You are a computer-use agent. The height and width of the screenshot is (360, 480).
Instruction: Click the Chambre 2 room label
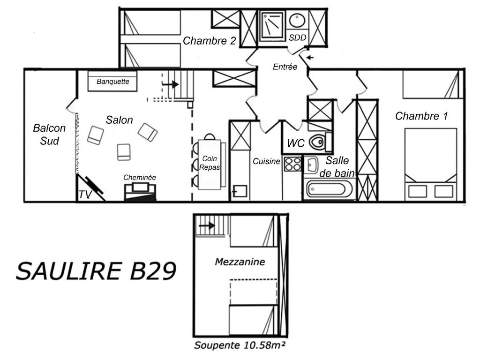tap(210, 41)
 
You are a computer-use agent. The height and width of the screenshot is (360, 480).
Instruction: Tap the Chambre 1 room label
tap(421, 116)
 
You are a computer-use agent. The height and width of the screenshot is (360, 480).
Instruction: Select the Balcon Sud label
tap(49, 135)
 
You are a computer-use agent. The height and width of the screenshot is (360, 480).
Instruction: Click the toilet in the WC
tap(317, 142)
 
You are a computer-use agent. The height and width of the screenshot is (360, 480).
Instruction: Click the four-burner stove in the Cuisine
tap(292, 164)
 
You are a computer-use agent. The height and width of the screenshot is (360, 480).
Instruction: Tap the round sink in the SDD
tap(297, 20)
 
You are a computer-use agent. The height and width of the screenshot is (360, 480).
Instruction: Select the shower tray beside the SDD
tap(272, 26)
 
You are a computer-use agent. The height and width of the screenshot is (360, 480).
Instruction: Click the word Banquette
tap(112, 82)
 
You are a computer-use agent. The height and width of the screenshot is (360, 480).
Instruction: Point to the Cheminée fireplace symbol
tap(140, 192)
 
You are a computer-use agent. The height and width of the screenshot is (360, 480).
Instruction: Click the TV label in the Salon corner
tap(85, 195)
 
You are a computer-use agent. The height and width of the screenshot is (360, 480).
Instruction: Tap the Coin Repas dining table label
tap(210, 163)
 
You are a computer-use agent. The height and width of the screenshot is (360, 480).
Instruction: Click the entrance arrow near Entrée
tap(310, 57)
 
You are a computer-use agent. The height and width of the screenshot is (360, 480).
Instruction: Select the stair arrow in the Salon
tap(170, 84)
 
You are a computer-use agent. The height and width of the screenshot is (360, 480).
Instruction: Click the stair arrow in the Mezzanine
tap(207, 226)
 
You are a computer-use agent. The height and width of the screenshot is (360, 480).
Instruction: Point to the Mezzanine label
tap(240, 262)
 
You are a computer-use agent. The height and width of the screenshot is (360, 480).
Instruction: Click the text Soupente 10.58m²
tap(240, 345)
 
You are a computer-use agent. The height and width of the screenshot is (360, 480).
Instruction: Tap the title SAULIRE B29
tap(96, 271)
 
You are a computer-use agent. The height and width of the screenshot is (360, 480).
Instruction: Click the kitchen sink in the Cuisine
tap(240, 191)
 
